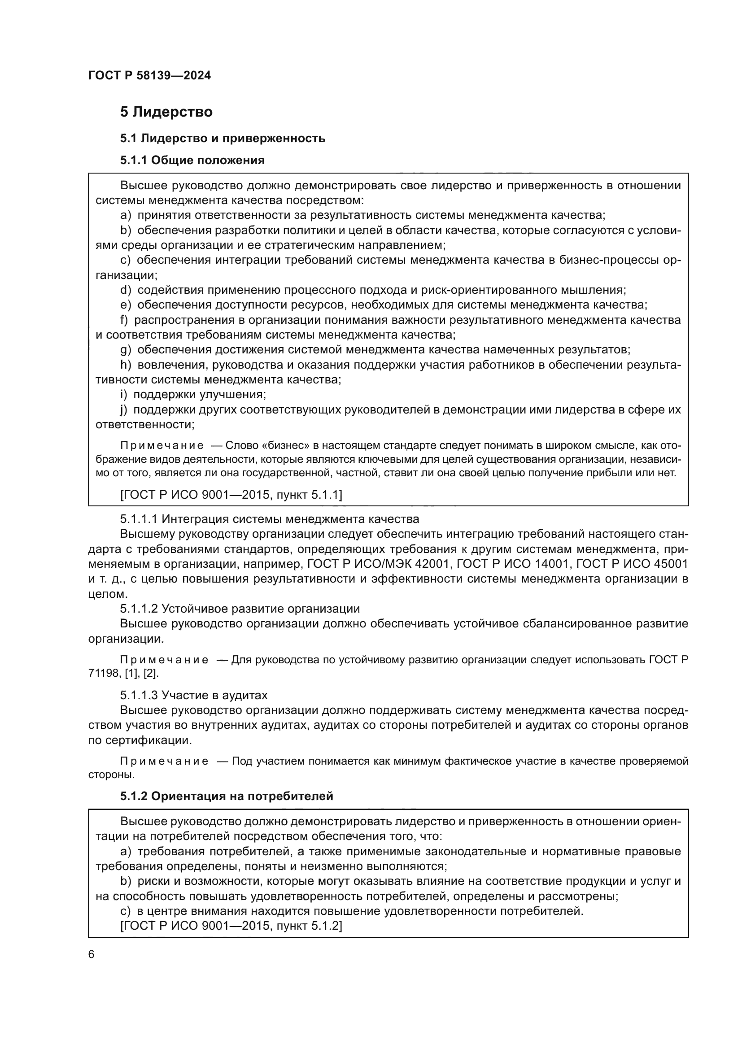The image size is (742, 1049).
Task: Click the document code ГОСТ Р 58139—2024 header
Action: (149, 76)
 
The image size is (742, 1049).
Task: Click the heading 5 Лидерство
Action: (166, 112)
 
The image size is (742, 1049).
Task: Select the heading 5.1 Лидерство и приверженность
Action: (223, 138)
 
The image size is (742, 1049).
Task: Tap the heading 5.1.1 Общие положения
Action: (192, 160)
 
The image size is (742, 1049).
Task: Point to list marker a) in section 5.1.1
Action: (125, 215)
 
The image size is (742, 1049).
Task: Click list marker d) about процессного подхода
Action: (125, 290)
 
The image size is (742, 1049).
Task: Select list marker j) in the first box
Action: (123, 409)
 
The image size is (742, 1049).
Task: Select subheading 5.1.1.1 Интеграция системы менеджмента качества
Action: (270, 519)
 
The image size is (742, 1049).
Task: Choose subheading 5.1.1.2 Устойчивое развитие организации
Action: (240, 609)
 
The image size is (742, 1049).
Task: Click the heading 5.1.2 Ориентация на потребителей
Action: (227, 797)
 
